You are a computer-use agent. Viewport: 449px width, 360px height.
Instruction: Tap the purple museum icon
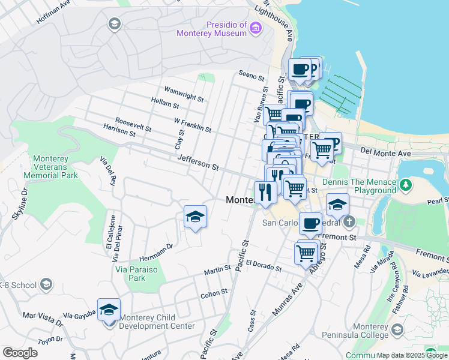256,28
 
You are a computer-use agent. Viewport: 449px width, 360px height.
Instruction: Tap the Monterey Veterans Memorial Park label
51,167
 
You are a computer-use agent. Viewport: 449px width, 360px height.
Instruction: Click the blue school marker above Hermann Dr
195,217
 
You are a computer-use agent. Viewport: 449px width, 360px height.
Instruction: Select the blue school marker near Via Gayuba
109,310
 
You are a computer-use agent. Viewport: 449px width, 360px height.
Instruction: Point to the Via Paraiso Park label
130,274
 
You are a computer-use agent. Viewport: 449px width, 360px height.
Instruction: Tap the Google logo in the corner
20,353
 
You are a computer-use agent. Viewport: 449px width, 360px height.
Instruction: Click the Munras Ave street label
289,301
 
